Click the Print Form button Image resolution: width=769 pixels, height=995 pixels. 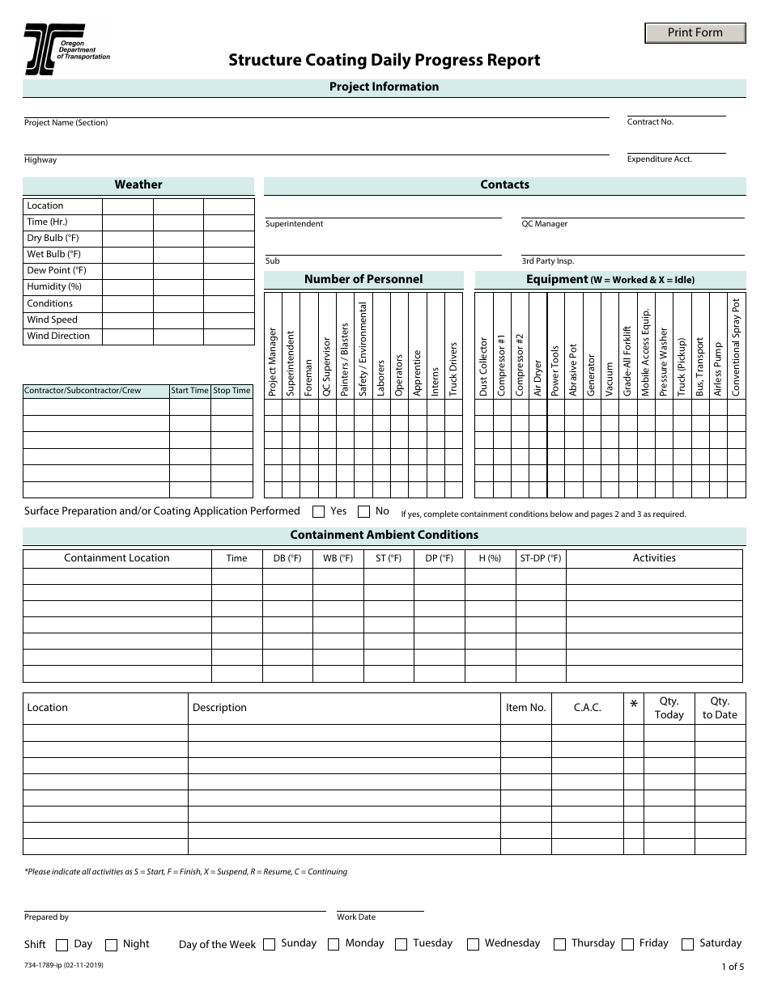(x=695, y=33)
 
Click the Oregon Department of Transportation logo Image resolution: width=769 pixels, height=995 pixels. (x=66, y=49)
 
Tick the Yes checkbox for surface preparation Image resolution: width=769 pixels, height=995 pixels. (x=319, y=511)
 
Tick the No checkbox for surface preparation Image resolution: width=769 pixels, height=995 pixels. (x=364, y=511)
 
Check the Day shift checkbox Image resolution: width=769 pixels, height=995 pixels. (x=62, y=945)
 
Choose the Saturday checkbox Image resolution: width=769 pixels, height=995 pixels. (x=688, y=944)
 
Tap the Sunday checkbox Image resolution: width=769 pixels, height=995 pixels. (x=270, y=944)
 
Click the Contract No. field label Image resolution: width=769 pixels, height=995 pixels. (x=650, y=122)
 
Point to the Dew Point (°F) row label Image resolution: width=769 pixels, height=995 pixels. (x=57, y=270)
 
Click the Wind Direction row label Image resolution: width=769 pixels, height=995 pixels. (x=58, y=336)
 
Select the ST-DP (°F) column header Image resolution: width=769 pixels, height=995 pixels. (x=540, y=558)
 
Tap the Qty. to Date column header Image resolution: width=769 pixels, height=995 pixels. (x=720, y=708)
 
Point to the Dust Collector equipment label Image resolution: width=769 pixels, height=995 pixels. (x=483, y=366)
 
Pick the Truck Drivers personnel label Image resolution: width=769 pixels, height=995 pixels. (x=453, y=369)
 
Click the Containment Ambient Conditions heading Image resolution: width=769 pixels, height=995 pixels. (x=384, y=535)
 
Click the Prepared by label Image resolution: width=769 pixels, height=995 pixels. (x=46, y=917)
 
